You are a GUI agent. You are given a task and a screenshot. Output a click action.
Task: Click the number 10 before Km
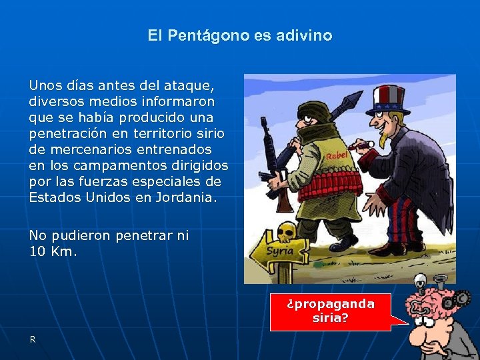(x=37, y=251)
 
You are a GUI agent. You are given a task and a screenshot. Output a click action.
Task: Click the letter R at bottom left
(x=32, y=339)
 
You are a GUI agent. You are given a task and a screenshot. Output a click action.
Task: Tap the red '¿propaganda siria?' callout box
(x=331, y=311)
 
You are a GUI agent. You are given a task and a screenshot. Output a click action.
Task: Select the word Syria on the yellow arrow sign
(x=280, y=251)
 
